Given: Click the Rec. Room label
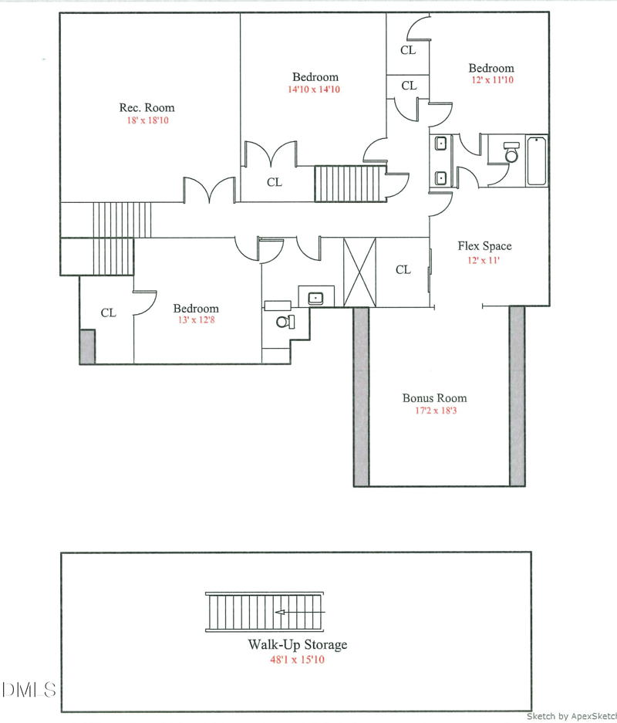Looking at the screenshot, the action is click(x=147, y=108).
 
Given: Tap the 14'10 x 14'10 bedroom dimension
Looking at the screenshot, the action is click(x=314, y=90).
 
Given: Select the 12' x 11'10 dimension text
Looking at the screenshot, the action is click(x=492, y=79).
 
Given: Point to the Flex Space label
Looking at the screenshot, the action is click(x=485, y=246).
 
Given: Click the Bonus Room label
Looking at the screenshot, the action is click(x=434, y=398).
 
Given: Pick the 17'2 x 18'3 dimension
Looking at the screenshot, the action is click(x=436, y=410).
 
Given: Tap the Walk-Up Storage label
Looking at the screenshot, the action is click(x=298, y=644).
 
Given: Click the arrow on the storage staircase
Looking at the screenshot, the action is click(x=300, y=613).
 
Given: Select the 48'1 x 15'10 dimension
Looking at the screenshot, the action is click(x=297, y=660).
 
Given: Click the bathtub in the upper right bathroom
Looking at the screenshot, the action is click(x=537, y=161).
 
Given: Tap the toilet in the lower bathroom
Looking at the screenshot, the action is click(x=285, y=322).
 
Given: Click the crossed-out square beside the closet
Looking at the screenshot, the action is click(x=360, y=272).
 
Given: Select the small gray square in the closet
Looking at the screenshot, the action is click(x=88, y=346).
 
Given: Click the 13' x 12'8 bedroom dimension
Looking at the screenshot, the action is click(x=197, y=320).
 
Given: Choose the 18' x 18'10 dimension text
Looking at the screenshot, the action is click(x=148, y=120).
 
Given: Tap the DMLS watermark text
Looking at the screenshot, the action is click(x=29, y=690).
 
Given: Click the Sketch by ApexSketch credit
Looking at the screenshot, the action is click(x=571, y=716).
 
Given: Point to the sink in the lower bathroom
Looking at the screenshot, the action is click(x=315, y=298).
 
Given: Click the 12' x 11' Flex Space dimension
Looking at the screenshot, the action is click(x=484, y=261).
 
